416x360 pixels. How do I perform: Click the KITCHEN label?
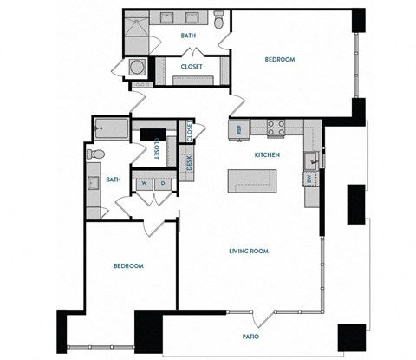pyautogui.click(x=266, y=154)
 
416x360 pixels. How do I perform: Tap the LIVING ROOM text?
pyautogui.click(x=248, y=252)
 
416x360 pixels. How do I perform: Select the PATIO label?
pyautogui.click(x=250, y=336)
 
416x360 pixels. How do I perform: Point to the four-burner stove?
pyautogui.click(x=276, y=128)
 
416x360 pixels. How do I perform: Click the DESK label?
pyautogui.click(x=190, y=161)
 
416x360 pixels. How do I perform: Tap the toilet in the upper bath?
pyautogui.click(x=219, y=19)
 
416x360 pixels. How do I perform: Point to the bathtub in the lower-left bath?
pyautogui.click(x=107, y=128)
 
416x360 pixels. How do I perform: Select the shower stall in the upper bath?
pyautogui.click(x=136, y=32)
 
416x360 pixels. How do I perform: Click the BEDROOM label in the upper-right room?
pyautogui.click(x=280, y=59)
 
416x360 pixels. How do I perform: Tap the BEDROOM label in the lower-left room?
pyautogui.click(x=128, y=265)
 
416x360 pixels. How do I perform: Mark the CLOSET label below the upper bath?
pyautogui.click(x=192, y=65)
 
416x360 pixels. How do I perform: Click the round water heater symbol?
pyautogui.click(x=138, y=67)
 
